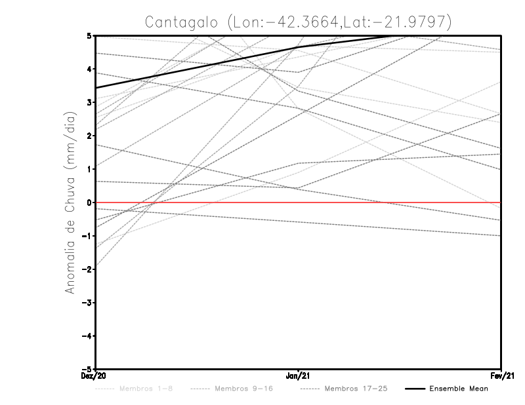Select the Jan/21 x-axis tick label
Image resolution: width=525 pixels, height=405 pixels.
click(299, 376)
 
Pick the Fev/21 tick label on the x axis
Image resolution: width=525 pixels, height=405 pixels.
click(501, 376)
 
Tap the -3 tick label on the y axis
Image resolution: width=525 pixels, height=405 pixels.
click(89, 303)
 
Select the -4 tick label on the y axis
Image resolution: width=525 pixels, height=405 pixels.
click(89, 336)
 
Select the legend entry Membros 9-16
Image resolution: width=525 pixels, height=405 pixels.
click(243, 389)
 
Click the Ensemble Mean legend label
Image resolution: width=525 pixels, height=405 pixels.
click(459, 389)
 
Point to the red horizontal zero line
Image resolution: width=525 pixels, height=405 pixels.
click(394, 202)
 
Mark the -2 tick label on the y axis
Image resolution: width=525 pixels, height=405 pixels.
click(89, 269)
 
